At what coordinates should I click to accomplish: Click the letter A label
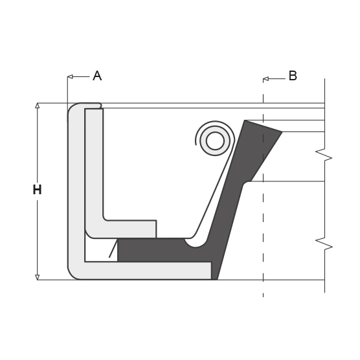(x=97, y=76)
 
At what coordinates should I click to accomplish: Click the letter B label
(x=293, y=76)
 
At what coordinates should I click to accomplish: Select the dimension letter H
(x=37, y=190)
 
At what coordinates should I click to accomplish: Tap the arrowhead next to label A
(x=70, y=76)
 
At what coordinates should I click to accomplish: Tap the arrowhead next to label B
(x=265, y=79)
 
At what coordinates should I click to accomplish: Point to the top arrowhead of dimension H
(x=38, y=106)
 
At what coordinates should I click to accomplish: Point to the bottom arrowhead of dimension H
(x=38, y=276)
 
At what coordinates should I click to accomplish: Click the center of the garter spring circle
(x=215, y=141)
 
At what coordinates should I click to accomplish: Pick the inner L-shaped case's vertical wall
(x=94, y=168)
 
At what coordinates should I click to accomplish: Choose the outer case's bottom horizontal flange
(x=149, y=271)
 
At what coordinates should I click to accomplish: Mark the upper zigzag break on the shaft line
(x=324, y=155)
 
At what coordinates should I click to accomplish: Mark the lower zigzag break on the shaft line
(x=324, y=244)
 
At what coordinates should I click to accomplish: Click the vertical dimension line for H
(x=38, y=149)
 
